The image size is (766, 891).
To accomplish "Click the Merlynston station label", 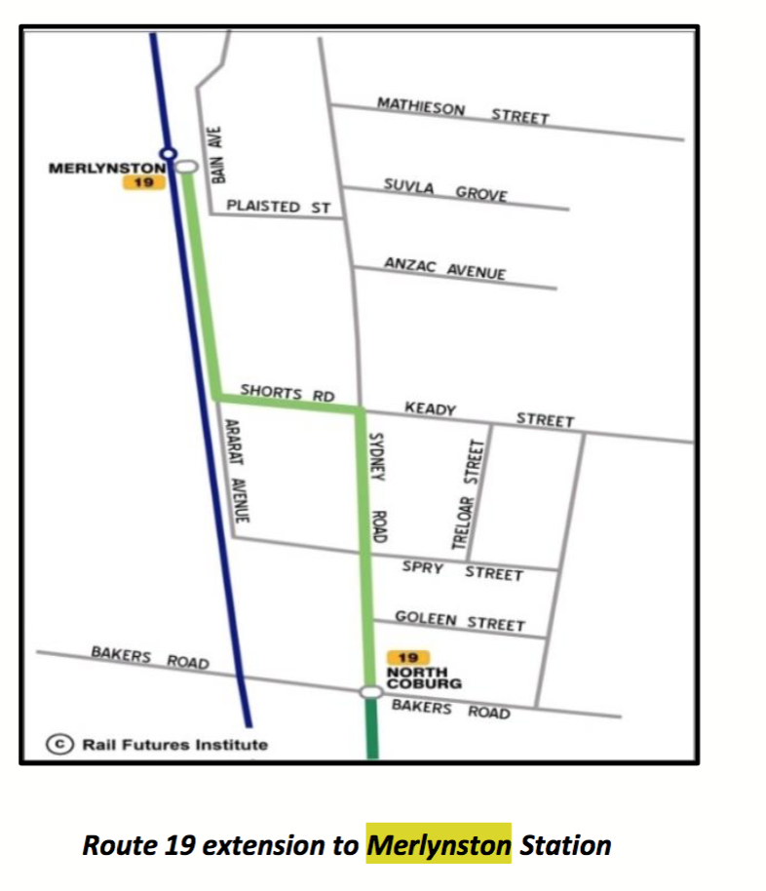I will coord(106,169).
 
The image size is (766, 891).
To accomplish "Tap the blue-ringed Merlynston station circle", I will coord(168,153).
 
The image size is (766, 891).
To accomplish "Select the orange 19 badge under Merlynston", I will coord(143,182).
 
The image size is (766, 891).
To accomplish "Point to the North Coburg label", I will coord(417,678).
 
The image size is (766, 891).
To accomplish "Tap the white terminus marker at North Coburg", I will coord(369,691).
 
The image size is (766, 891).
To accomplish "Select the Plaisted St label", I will coord(278,207).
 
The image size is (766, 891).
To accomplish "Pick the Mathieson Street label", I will coord(463,109).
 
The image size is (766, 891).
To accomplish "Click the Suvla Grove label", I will coord(445,189).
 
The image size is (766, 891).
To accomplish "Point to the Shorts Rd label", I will coord(287,394).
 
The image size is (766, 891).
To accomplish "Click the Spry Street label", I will coord(462,571).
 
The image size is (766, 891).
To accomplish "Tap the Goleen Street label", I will coord(459,620).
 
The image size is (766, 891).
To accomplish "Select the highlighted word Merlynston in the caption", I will coord(439,844).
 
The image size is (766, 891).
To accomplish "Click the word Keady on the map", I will coord(430,409).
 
